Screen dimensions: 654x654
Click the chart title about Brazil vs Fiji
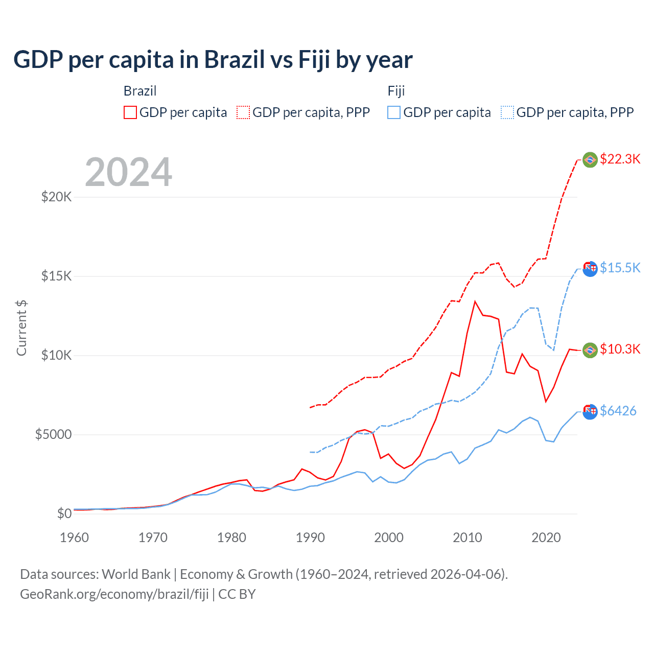pyautogui.click(x=213, y=60)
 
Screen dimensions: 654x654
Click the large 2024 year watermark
pyautogui.click(x=128, y=172)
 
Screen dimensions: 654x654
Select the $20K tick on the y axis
pyautogui.click(x=56, y=197)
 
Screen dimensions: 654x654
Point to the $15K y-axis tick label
pyautogui.click(x=56, y=276)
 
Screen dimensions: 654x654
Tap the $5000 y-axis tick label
pyautogui.click(x=53, y=435)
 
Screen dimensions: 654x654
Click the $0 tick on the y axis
pyautogui.click(x=64, y=514)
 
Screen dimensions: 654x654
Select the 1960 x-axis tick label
pyautogui.click(x=75, y=538)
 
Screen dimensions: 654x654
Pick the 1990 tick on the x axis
pyautogui.click(x=310, y=538)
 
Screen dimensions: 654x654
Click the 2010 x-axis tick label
pyautogui.click(x=468, y=538)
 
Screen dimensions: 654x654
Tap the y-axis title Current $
pyautogui.click(x=21, y=328)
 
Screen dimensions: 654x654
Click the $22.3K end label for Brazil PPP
pyautogui.click(x=620, y=159)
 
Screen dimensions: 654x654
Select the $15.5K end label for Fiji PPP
pyautogui.click(x=620, y=268)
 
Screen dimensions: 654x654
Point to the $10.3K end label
pyautogui.click(x=620, y=349)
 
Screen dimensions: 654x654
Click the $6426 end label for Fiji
pyautogui.click(x=618, y=411)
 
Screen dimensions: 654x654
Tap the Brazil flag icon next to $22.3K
pyautogui.click(x=590, y=160)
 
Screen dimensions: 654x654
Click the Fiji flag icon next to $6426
pyautogui.click(x=590, y=411)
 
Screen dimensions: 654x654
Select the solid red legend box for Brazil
pyautogui.click(x=130, y=112)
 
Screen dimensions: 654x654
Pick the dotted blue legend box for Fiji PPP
pyautogui.click(x=507, y=112)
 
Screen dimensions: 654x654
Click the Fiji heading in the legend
pyautogui.click(x=396, y=91)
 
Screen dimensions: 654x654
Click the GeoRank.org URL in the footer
pyautogui.click(x=114, y=594)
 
